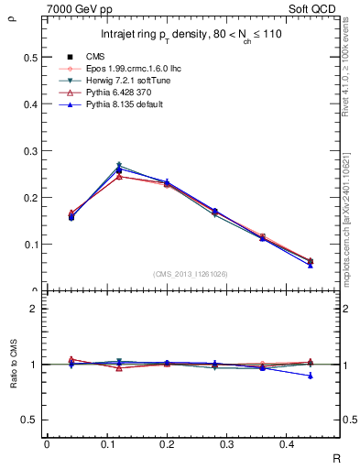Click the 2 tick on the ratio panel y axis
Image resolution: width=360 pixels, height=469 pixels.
tap(33, 310)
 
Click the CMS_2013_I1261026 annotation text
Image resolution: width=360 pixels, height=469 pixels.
tap(191, 274)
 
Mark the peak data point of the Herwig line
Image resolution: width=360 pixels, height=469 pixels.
tap(119, 166)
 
